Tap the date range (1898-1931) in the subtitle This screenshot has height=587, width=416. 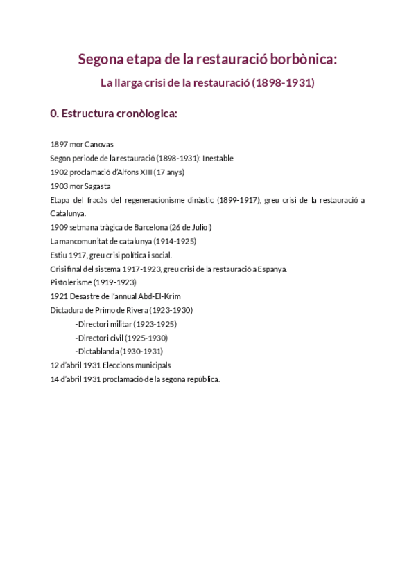(283, 83)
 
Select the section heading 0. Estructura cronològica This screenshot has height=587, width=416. (114, 114)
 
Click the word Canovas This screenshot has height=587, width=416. (98, 144)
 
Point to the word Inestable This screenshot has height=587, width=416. (218, 158)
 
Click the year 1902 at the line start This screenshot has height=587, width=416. (59, 172)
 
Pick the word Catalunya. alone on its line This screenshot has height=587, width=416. (68, 213)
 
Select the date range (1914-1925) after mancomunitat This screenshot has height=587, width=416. (173, 241)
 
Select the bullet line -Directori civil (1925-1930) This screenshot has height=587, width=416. (121, 338)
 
